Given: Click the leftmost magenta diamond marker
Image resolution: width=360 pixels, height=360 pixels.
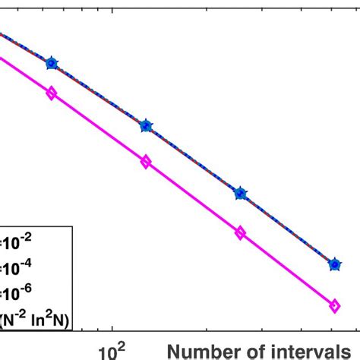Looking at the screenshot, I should point(52,93).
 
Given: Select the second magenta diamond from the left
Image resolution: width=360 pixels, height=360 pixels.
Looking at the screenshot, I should point(146,161).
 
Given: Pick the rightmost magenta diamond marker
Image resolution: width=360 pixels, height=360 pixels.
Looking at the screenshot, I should point(334,305).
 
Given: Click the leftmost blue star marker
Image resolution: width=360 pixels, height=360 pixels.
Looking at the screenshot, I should point(52,63).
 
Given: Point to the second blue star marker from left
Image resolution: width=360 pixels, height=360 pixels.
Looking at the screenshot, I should point(146,125).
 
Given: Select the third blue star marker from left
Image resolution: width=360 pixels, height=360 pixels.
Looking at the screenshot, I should point(240,194).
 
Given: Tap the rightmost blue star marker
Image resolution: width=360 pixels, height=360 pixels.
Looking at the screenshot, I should point(334,264).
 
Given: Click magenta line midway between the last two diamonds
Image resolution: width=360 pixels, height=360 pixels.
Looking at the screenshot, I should point(287,269).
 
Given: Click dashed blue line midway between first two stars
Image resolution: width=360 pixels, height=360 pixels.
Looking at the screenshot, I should point(99,93).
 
